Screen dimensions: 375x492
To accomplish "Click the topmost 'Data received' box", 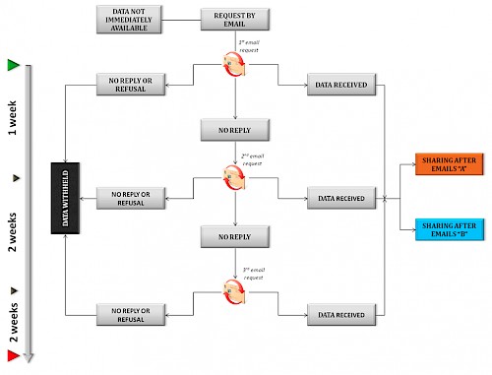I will click(x=341, y=86).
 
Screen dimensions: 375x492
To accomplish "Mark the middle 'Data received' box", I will click(x=341, y=199).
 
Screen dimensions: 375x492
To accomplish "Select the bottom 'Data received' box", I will click(x=341, y=315).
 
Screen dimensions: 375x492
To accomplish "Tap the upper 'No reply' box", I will click(x=236, y=130).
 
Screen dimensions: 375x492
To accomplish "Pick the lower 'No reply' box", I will click(x=236, y=235).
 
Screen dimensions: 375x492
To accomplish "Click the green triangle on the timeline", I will click(x=13, y=65).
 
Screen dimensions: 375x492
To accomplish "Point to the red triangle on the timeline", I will click(x=13, y=355).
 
